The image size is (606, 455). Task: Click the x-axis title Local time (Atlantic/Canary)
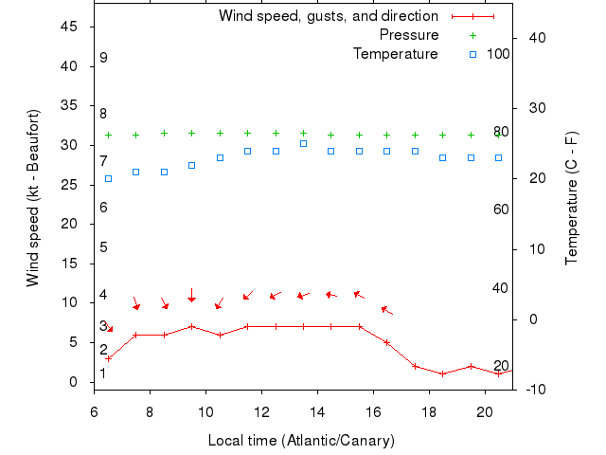click(x=300, y=441)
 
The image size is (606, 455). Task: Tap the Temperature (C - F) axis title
click(x=572, y=198)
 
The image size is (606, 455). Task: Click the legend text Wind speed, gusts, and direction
click(x=329, y=16)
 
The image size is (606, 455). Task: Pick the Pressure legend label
click(x=409, y=35)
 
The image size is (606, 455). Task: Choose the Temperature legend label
click(x=396, y=54)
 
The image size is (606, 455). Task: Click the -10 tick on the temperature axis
click(x=533, y=390)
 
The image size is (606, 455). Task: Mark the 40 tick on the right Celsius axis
click(x=533, y=37)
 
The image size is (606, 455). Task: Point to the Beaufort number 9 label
click(x=103, y=58)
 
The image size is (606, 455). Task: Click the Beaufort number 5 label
click(x=103, y=247)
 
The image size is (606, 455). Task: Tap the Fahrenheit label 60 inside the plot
click(x=501, y=209)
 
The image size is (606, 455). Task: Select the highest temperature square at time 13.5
click(x=303, y=143)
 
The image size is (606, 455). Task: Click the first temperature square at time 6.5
click(x=108, y=178)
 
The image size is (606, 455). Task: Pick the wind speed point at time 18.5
click(x=442, y=373)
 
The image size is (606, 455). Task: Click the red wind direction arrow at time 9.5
click(x=191, y=296)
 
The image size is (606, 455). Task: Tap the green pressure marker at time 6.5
click(x=108, y=135)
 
